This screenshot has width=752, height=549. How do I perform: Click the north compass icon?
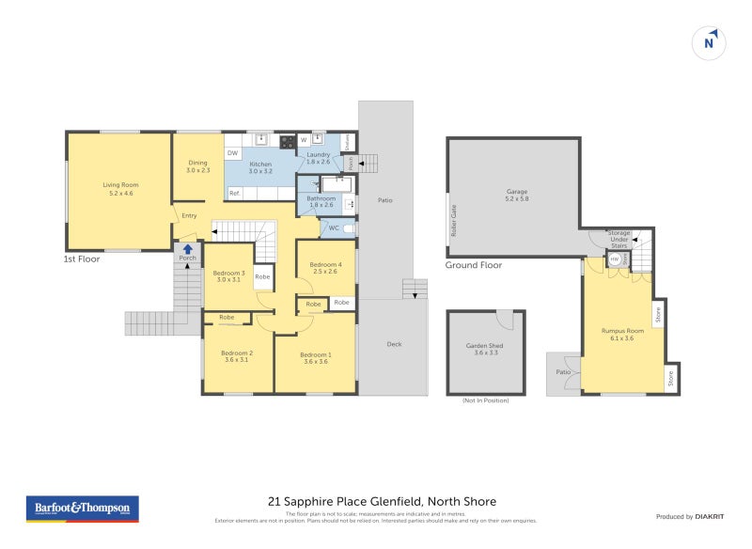(x=710, y=42)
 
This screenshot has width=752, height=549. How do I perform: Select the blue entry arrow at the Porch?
(x=188, y=250)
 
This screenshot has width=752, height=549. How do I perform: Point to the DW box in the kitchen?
(x=232, y=152)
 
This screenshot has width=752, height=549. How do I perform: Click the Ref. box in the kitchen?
(x=235, y=193)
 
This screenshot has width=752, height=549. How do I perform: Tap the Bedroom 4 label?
(x=325, y=268)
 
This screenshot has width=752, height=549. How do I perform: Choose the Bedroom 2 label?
(x=236, y=355)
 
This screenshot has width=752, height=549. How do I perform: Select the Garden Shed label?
(x=485, y=349)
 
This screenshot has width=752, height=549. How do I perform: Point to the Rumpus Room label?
(x=622, y=334)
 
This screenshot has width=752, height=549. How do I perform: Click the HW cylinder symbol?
(x=615, y=259)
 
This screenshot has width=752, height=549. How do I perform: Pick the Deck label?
(x=394, y=344)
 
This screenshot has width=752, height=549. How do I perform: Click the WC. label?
(x=333, y=228)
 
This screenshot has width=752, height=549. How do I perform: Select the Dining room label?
(x=197, y=166)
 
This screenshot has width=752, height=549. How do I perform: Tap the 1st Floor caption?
(x=82, y=258)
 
